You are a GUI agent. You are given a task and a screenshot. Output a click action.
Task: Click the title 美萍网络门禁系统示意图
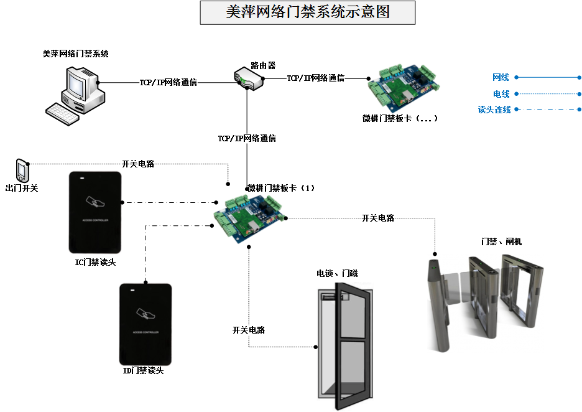(x=308, y=12)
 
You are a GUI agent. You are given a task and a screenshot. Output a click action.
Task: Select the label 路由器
(x=263, y=65)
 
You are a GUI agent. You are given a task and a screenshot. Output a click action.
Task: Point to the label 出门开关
(x=22, y=187)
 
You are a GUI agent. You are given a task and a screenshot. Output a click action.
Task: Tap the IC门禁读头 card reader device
(x=95, y=212)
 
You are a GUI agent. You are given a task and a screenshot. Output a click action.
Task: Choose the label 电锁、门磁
(x=337, y=273)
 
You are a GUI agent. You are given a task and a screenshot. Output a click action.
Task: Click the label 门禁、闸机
(x=501, y=241)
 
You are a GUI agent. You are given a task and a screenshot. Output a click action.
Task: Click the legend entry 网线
(x=501, y=78)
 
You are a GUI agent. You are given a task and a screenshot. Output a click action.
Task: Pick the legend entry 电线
(x=501, y=94)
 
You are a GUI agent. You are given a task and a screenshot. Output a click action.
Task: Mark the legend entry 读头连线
(x=494, y=110)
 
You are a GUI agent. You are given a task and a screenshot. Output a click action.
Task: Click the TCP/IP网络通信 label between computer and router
(x=169, y=82)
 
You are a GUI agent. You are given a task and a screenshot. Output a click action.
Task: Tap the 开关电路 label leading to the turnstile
(x=378, y=218)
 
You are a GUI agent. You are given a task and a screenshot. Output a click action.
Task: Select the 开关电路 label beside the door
(x=249, y=330)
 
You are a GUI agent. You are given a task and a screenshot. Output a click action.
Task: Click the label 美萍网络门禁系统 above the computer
(x=76, y=54)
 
